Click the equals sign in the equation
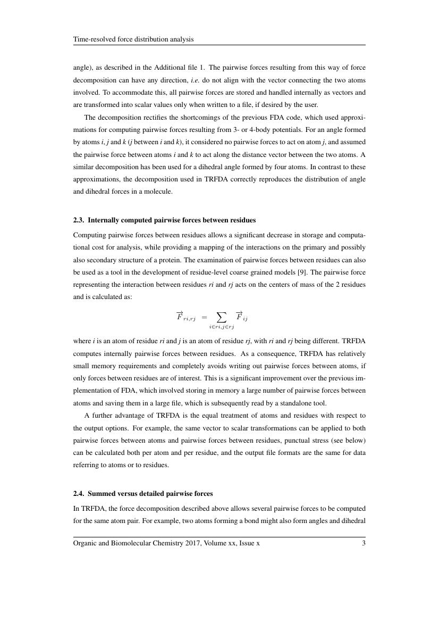pyautogui.click(x=204, y=318)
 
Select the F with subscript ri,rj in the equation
pyautogui.click(x=185, y=317)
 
